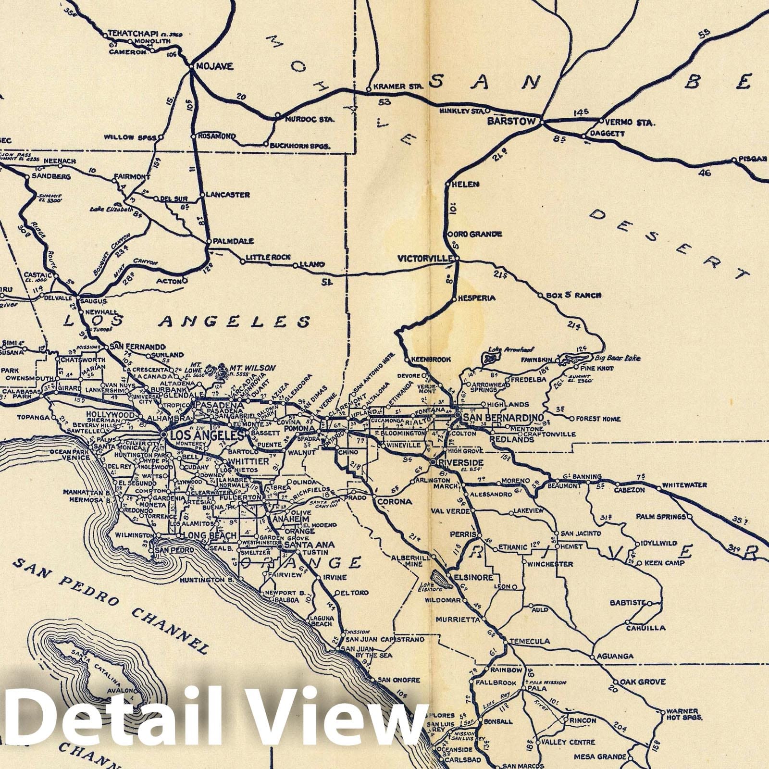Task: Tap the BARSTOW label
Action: pyautogui.click(x=511, y=121)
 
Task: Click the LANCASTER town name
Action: pyautogui.click(x=228, y=195)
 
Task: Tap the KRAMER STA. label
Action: pyautogui.click(x=397, y=87)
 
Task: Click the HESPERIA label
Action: pyautogui.click(x=476, y=298)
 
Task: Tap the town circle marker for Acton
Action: pyautogui.click(x=185, y=280)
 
